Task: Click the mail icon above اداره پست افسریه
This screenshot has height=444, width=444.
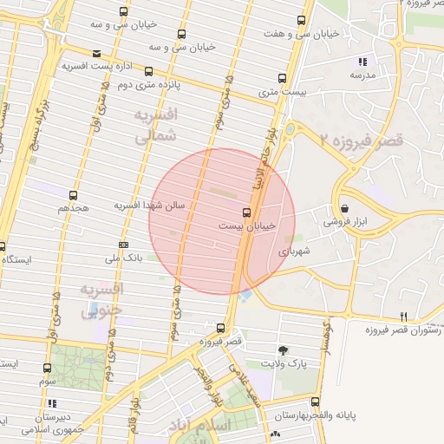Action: pyautogui.click(x=95, y=52)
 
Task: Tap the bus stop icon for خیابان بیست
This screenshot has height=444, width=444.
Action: pyautogui.click(x=246, y=212)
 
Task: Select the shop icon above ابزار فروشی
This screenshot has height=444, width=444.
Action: pyautogui.click(x=346, y=209)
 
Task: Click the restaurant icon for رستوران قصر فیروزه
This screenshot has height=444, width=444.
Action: pyautogui.click(x=403, y=317)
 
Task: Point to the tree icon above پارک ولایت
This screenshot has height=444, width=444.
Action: pyautogui.click(x=283, y=350)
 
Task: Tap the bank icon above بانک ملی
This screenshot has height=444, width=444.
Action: pyautogui.click(x=122, y=245)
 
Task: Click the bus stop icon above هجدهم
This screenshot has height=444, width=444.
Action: pyautogui.click(x=73, y=195)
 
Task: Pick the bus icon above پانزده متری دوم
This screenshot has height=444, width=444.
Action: pyautogui.click(x=149, y=72)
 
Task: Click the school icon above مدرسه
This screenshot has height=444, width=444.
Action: pyautogui.click(x=362, y=62)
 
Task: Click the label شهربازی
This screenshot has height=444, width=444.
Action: pyautogui.click(x=294, y=250)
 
